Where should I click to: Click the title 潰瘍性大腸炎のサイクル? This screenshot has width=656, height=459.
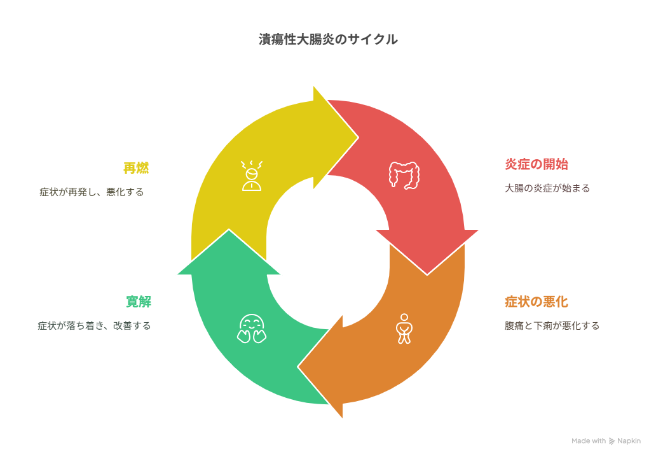pos(328,39)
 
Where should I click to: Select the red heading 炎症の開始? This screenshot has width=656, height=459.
pos(536,164)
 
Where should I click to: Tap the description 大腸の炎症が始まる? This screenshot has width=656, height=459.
pos(547,188)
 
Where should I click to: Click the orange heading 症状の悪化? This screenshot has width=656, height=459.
pos(536,301)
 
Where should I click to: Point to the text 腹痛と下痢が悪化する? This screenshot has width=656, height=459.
pos(552,326)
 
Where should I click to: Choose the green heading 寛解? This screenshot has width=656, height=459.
pos(139,301)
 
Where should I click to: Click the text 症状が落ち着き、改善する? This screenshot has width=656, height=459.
pos(94,326)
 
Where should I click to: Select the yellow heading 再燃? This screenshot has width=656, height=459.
pos(136,167)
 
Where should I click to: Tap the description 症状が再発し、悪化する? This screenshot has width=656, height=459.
pos(92,192)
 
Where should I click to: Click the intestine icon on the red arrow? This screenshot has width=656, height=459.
pos(404,175)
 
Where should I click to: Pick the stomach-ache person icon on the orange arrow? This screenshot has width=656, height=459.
pos(404,328)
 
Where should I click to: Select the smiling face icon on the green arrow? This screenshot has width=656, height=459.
pos(252,328)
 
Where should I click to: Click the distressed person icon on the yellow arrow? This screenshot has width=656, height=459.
pos(252,176)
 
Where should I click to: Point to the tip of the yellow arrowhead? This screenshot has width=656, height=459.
pos(359,137)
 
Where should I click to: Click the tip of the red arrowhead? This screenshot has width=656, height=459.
pos(427,275)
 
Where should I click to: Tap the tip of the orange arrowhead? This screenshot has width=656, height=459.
pos(297,367)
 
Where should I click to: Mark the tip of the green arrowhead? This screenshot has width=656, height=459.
pos(229,229)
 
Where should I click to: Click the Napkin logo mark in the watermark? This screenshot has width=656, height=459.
pos(612,441)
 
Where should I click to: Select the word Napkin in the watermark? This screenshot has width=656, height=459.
pos(629,441)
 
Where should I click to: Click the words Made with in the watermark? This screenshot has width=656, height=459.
pos(589,441)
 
